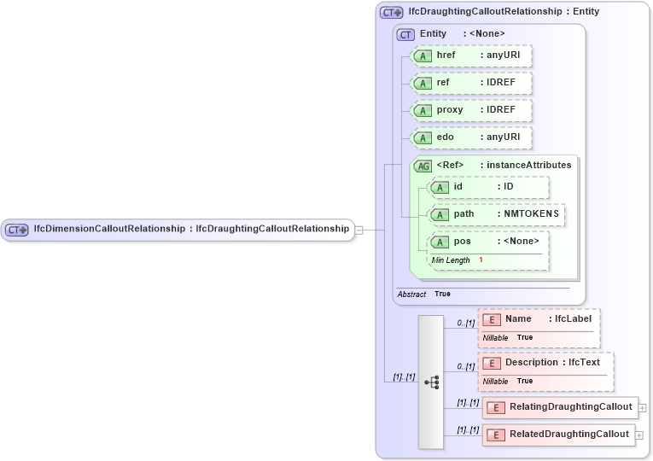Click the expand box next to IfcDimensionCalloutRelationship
[359, 229]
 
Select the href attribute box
[471, 56]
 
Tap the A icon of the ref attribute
[422, 84]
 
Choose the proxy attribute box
[471, 111]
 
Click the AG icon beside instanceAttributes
[423, 166]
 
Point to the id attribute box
[488, 187]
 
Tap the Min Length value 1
[481, 260]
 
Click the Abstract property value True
[442, 294]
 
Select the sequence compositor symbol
[431, 382]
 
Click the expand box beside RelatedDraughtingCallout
[639, 435]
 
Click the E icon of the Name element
[492, 319]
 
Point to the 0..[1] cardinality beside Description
[465, 366]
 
